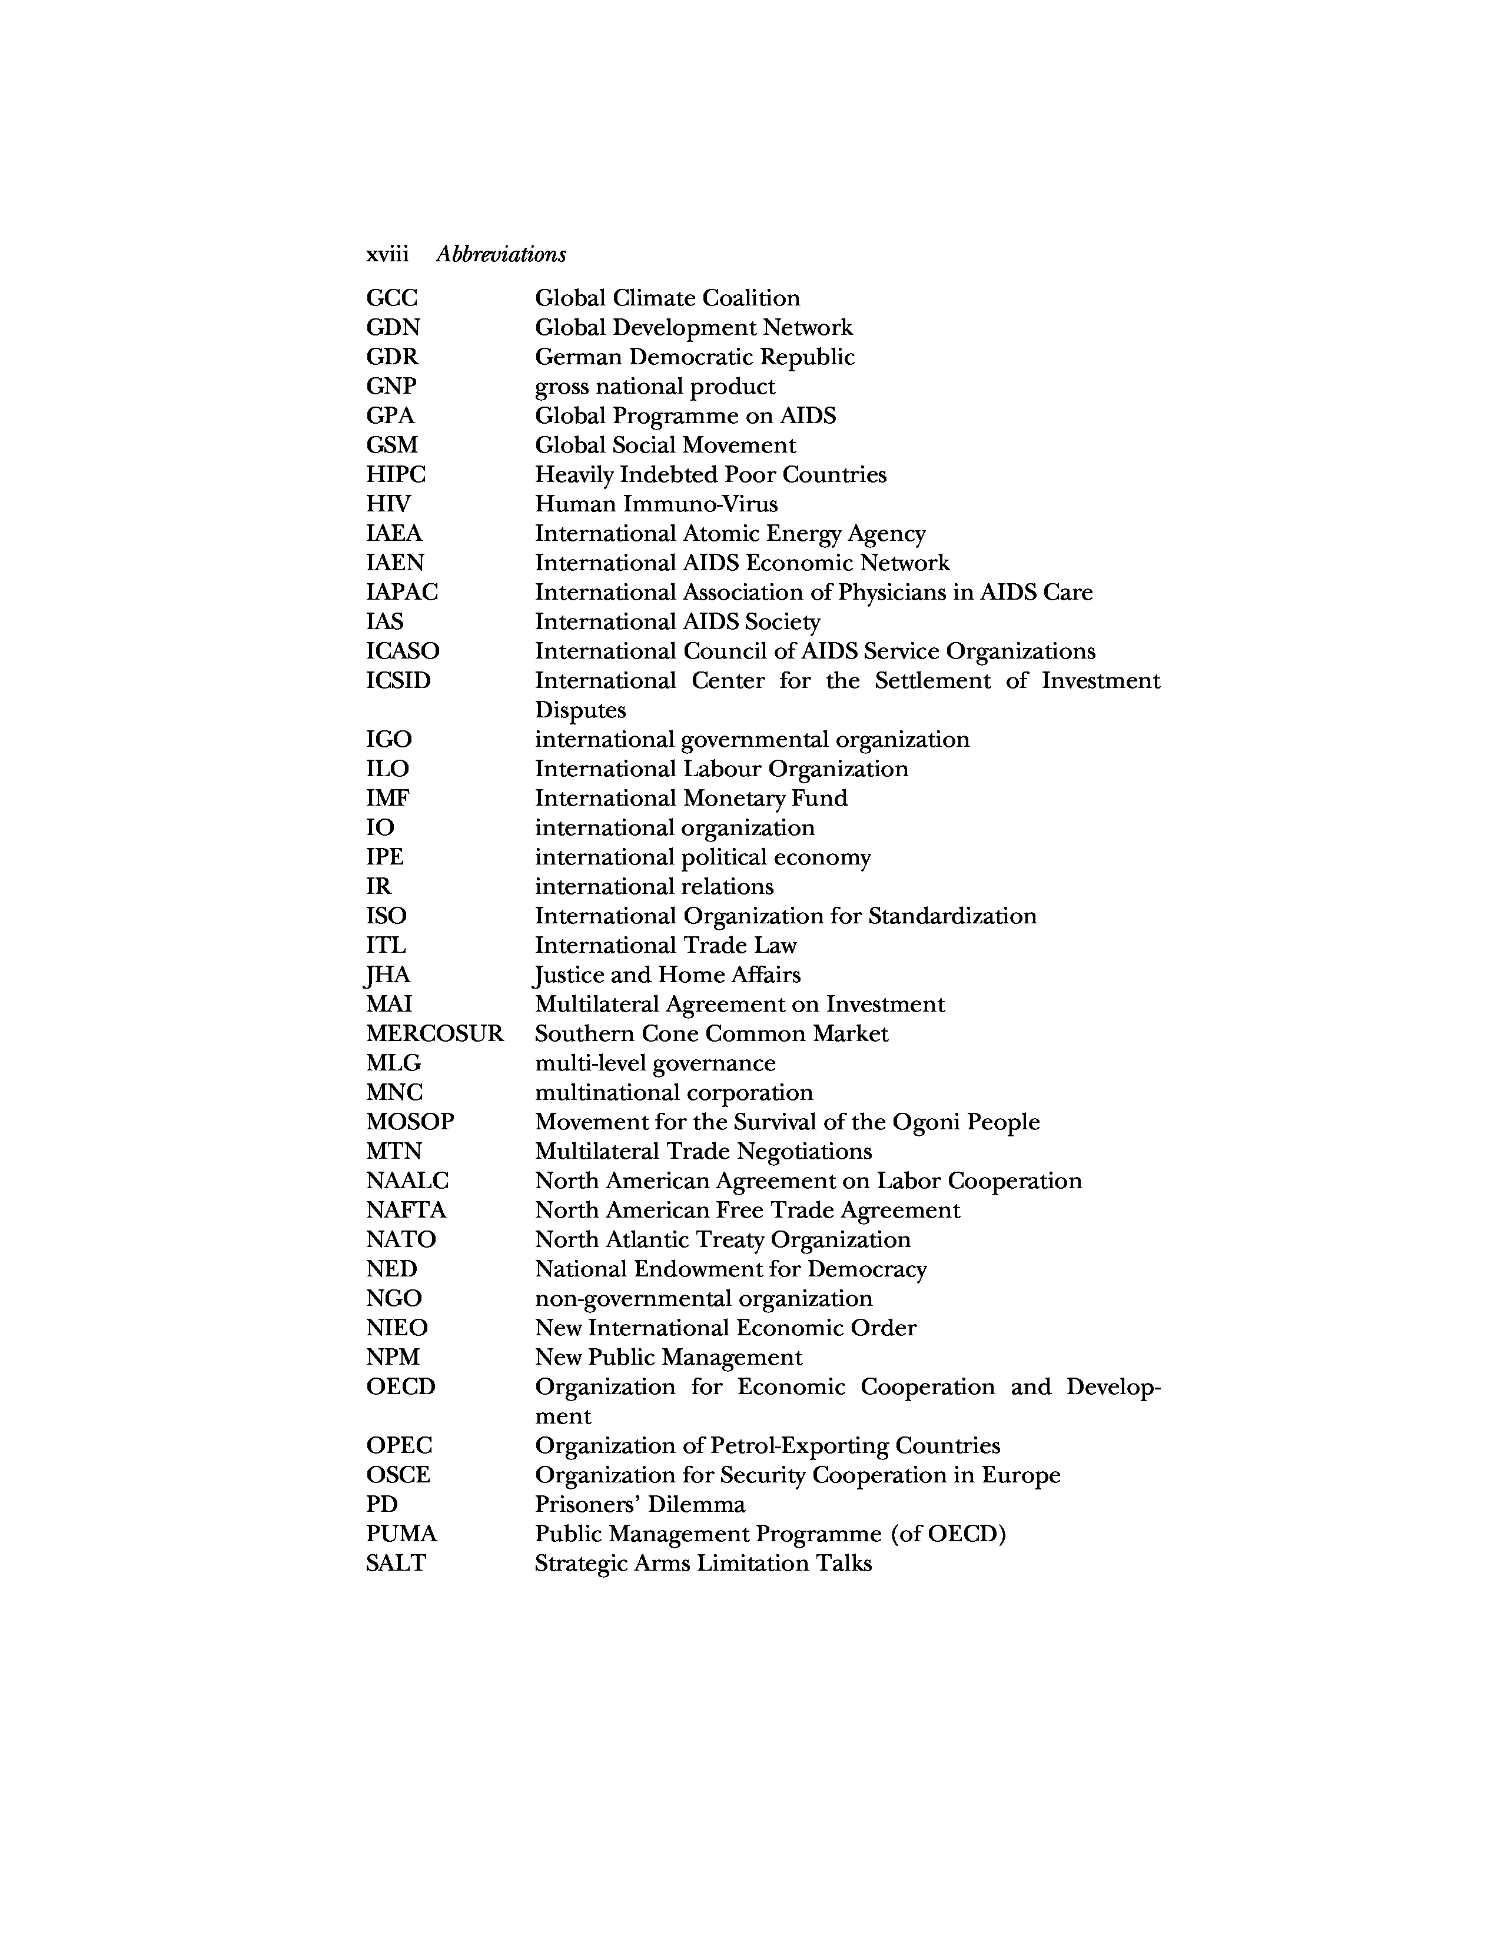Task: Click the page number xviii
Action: [x=387, y=254]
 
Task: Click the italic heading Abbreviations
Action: [x=501, y=254]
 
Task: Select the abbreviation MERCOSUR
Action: [x=434, y=1033]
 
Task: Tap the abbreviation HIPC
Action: [x=396, y=475]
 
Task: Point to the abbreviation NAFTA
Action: [x=406, y=1210]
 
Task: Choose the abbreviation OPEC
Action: [x=399, y=1446]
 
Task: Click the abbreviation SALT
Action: [x=396, y=1563]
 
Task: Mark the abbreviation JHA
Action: [x=388, y=976]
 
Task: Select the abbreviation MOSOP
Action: [x=410, y=1122]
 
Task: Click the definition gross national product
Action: [x=655, y=387]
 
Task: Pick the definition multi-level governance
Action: [x=655, y=1063]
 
